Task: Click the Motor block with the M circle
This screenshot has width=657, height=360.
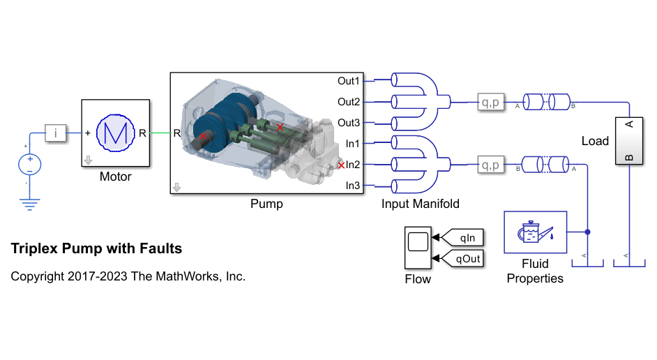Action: point(116,133)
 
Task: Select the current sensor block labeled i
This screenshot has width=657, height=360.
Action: point(55,133)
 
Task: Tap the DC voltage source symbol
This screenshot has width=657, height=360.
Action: point(29,165)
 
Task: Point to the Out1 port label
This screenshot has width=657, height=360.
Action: point(349,81)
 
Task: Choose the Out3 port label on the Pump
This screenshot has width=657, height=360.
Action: point(349,123)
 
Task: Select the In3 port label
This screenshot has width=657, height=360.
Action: point(352,186)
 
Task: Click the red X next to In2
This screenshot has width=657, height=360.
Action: point(341,165)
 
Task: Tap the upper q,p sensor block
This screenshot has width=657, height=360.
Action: point(491,103)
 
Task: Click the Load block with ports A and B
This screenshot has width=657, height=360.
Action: point(629,141)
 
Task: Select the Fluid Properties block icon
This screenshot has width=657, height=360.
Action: point(536,232)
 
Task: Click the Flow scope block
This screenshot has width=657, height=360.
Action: point(418,248)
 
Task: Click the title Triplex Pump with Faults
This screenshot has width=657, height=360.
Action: point(96,248)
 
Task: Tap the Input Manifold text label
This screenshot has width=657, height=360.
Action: point(421,204)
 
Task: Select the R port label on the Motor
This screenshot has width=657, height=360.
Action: point(142,133)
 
